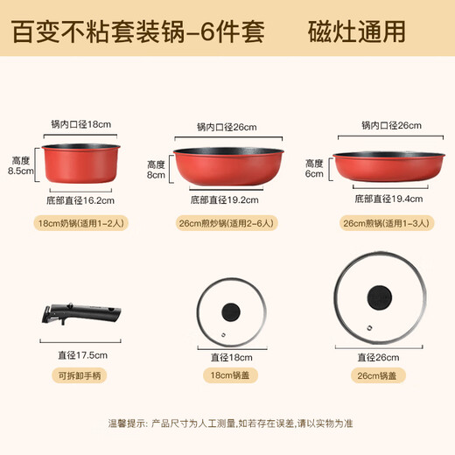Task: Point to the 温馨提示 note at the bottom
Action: pyautogui.click(x=227, y=424)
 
